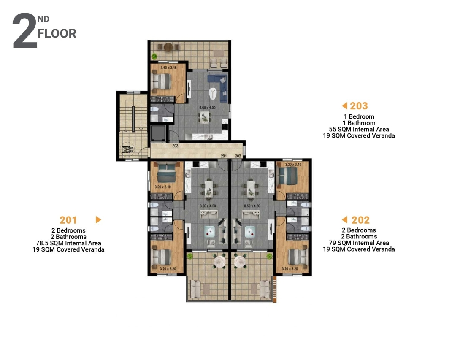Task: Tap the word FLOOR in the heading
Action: [x=57, y=34]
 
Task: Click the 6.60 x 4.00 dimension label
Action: [x=207, y=108]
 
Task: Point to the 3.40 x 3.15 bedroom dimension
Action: [x=168, y=68]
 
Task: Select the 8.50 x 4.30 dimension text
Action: [x=252, y=206]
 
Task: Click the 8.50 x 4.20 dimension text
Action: [x=208, y=206]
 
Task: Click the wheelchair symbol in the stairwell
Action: [x=127, y=149]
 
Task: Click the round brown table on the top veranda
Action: [x=168, y=47]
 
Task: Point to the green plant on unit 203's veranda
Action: [x=154, y=56]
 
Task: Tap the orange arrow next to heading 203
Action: [x=344, y=106]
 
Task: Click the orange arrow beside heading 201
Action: [x=99, y=220]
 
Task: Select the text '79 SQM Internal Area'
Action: [x=359, y=243]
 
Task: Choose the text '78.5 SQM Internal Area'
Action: [x=68, y=243]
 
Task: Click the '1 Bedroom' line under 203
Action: [x=359, y=117]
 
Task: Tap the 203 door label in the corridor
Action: [x=175, y=146]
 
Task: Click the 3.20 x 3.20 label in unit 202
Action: [x=290, y=269]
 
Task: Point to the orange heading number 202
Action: [x=360, y=220]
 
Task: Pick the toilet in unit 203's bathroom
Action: [x=154, y=109]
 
